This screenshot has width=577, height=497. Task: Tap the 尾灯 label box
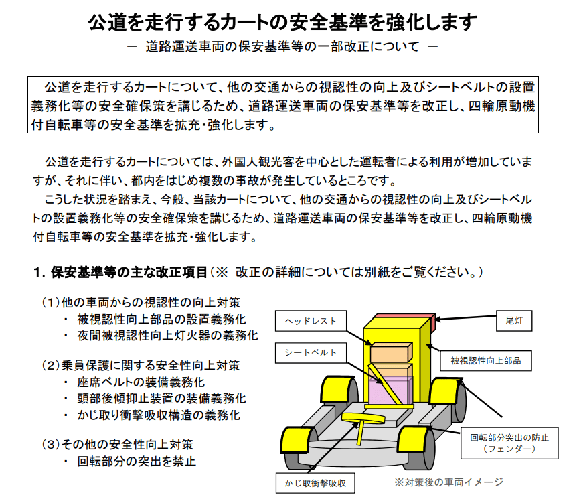tap(513, 321)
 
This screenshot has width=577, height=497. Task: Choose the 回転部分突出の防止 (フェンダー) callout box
tap(509, 443)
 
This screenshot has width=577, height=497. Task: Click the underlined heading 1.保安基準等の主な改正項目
tap(120, 273)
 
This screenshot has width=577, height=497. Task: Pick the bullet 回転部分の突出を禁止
tap(137, 461)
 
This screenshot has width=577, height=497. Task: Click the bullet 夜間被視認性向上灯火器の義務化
tap(167, 336)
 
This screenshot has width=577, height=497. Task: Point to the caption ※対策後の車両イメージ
tap(448, 482)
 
